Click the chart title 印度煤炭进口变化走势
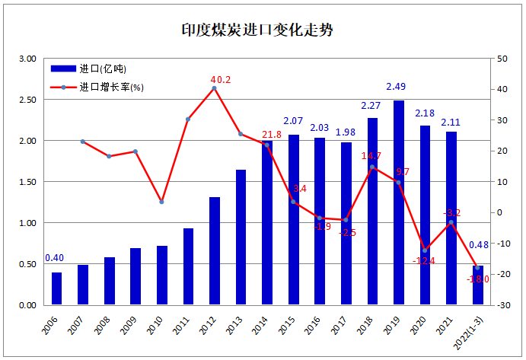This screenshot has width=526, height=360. pyautogui.click(x=258, y=30)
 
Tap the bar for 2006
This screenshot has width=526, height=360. pyautogui.click(x=56, y=288)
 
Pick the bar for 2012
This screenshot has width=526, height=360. pyautogui.click(x=214, y=251)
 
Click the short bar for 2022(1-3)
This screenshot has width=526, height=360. pyautogui.click(x=477, y=285)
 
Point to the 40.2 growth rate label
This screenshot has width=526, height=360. pyautogui.click(x=220, y=79)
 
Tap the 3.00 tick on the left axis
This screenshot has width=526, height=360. pyautogui.click(x=27, y=59)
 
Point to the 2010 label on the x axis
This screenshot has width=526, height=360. pyautogui.click(x=157, y=328)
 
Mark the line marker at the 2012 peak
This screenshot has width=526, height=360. pyautogui.click(x=214, y=88)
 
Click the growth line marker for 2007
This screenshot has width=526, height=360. pyautogui.click(x=82, y=142)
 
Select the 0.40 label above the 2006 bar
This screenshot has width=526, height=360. pyautogui.click(x=54, y=258)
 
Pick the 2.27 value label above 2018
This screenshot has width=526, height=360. pyautogui.click(x=371, y=106)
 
